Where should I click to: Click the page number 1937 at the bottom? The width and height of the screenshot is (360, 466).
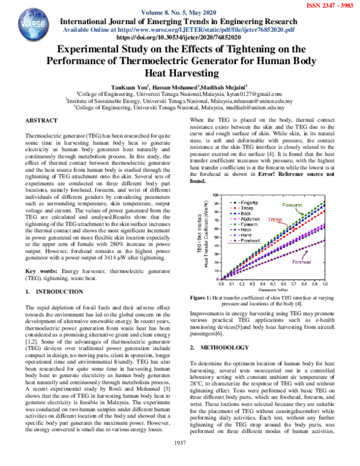click(179, 459)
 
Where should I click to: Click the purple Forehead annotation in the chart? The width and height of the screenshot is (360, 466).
click(302, 262)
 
